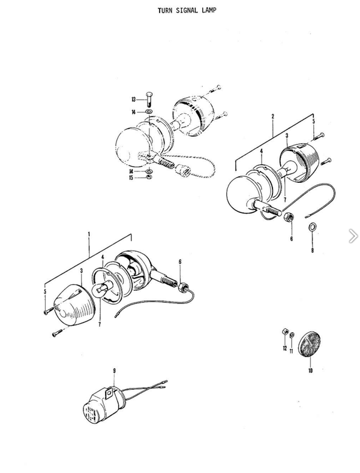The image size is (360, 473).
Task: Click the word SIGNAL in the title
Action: coord(187,11)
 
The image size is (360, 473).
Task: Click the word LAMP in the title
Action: coord(209,11)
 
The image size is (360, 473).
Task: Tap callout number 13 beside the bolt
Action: coord(133,100)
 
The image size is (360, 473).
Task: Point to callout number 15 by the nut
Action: coord(131,177)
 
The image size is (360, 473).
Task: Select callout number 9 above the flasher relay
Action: coord(114,370)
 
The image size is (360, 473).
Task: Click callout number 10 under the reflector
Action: coord(310,370)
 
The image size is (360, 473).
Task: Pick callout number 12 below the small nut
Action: coord(285,348)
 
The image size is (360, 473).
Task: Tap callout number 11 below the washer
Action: coord(291,351)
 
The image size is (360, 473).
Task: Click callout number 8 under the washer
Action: coord(312,250)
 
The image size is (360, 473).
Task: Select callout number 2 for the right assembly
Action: coord(273,116)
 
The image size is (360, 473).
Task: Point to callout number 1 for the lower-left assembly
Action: coord(89,234)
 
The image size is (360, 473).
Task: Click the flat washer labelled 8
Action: coord(312,227)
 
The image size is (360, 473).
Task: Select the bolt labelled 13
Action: coord(149,99)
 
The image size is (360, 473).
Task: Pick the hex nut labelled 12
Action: coord(284,332)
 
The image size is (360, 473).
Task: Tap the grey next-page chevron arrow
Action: coord(353,236)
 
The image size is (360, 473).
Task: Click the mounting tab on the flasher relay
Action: coord(109,393)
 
